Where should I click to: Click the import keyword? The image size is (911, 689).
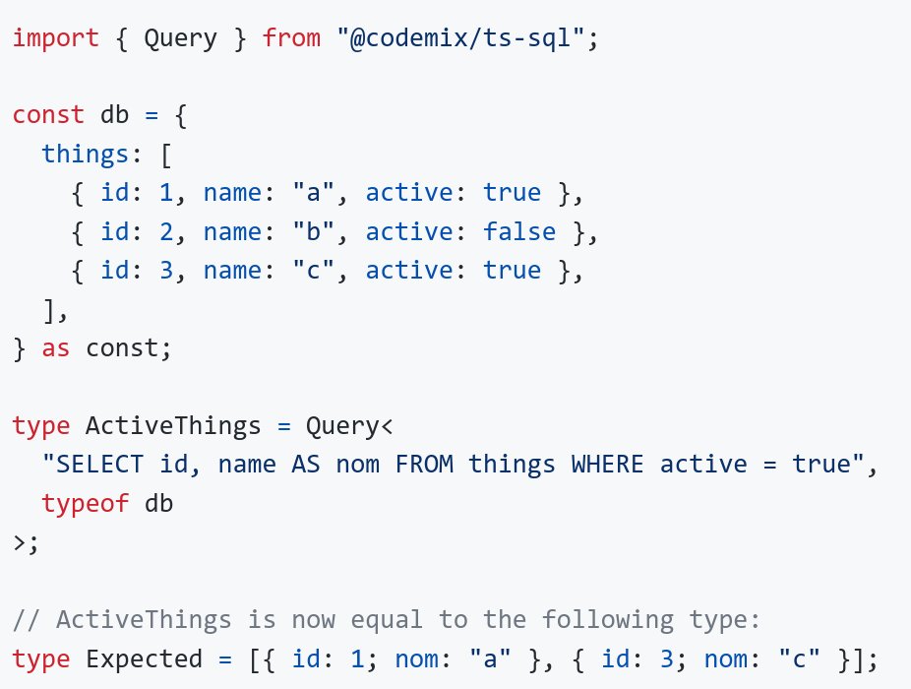tap(56, 40)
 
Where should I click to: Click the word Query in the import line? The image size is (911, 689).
tap(181, 40)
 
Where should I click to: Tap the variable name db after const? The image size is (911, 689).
tap(115, 115)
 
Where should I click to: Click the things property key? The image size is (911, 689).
tap(86, 154)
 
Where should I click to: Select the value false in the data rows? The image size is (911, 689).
tap(519, 232)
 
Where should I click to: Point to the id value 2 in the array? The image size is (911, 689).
tap(166, 232)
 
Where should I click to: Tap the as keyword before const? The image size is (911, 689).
tap(56, 347)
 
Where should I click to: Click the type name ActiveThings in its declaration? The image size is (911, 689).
tap(173, 426)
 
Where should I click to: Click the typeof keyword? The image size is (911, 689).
tap(86, 503)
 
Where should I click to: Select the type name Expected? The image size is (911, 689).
tap(144, 658)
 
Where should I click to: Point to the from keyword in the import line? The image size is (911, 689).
tap(291, 40)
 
